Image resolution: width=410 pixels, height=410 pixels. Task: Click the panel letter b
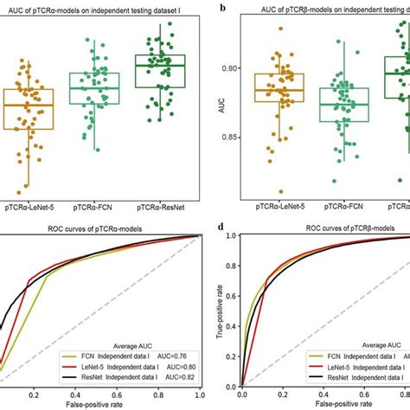tap(225, 8)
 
